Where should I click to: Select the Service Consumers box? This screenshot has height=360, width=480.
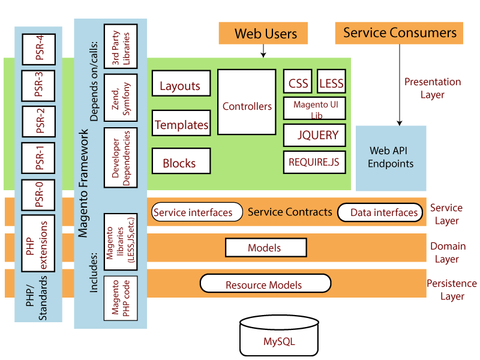399,33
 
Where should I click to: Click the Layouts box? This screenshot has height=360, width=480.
181,85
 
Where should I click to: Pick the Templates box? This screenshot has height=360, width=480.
181,124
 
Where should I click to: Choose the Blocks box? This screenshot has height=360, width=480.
181,162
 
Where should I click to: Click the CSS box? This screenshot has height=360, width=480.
298,83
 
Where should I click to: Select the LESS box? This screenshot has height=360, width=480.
331,83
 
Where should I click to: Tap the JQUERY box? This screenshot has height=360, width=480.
315,135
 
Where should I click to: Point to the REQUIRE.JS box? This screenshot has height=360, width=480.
315,162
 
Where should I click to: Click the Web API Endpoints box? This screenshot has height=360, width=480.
391,158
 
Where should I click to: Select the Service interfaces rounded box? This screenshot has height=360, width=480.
193,212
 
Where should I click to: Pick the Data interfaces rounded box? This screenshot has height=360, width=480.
379,212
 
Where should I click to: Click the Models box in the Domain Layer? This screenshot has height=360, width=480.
265,248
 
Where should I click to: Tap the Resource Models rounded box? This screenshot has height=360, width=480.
265,284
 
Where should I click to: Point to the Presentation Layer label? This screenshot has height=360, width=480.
432,88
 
